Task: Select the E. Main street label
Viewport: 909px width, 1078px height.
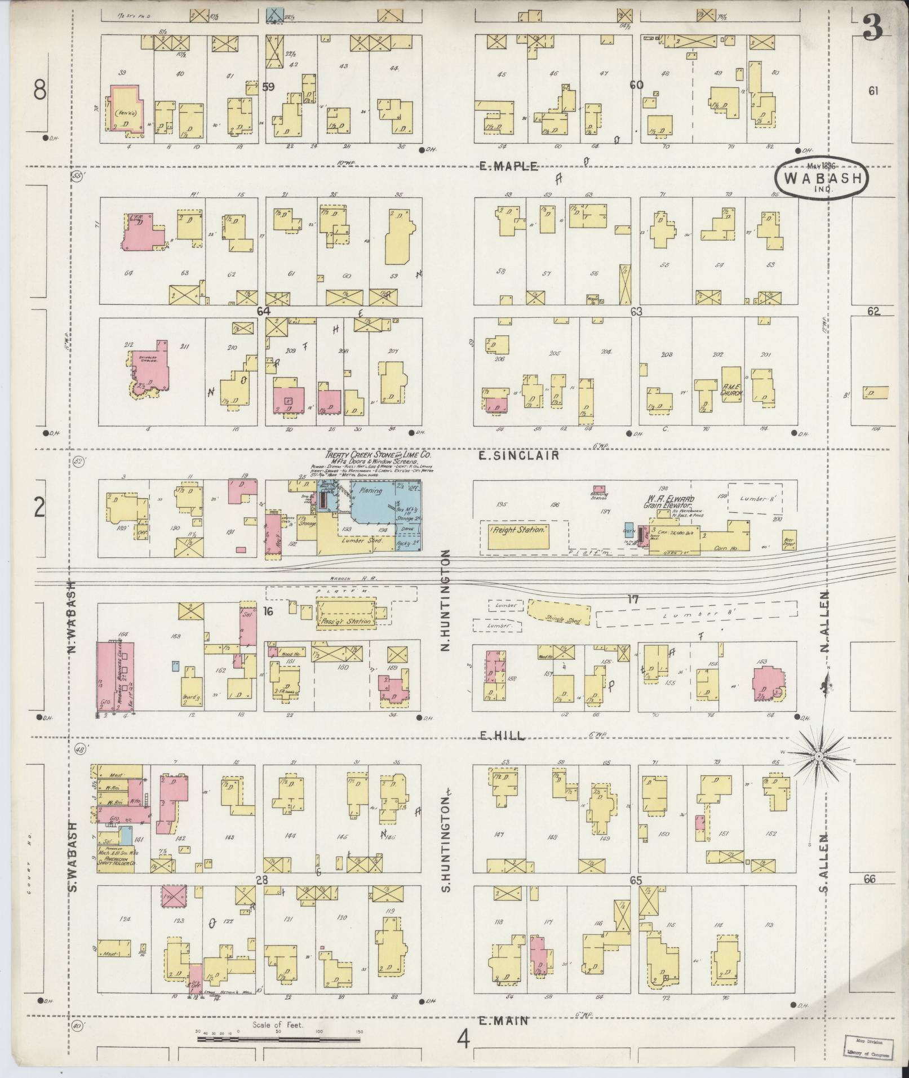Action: (x=503, y=1021)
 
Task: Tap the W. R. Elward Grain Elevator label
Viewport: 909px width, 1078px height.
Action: (x=675, y=502)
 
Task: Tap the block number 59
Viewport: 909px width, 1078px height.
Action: (x=268, y=87)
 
